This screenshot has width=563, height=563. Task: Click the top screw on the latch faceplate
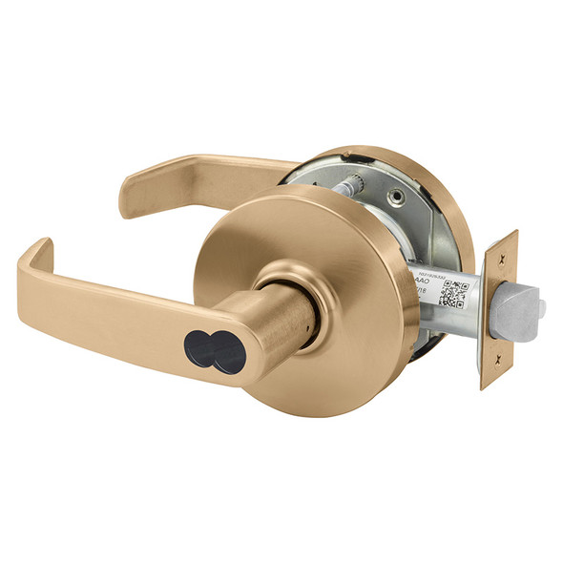pos(498,252)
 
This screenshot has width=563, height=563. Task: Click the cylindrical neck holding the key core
pos(277,320)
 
